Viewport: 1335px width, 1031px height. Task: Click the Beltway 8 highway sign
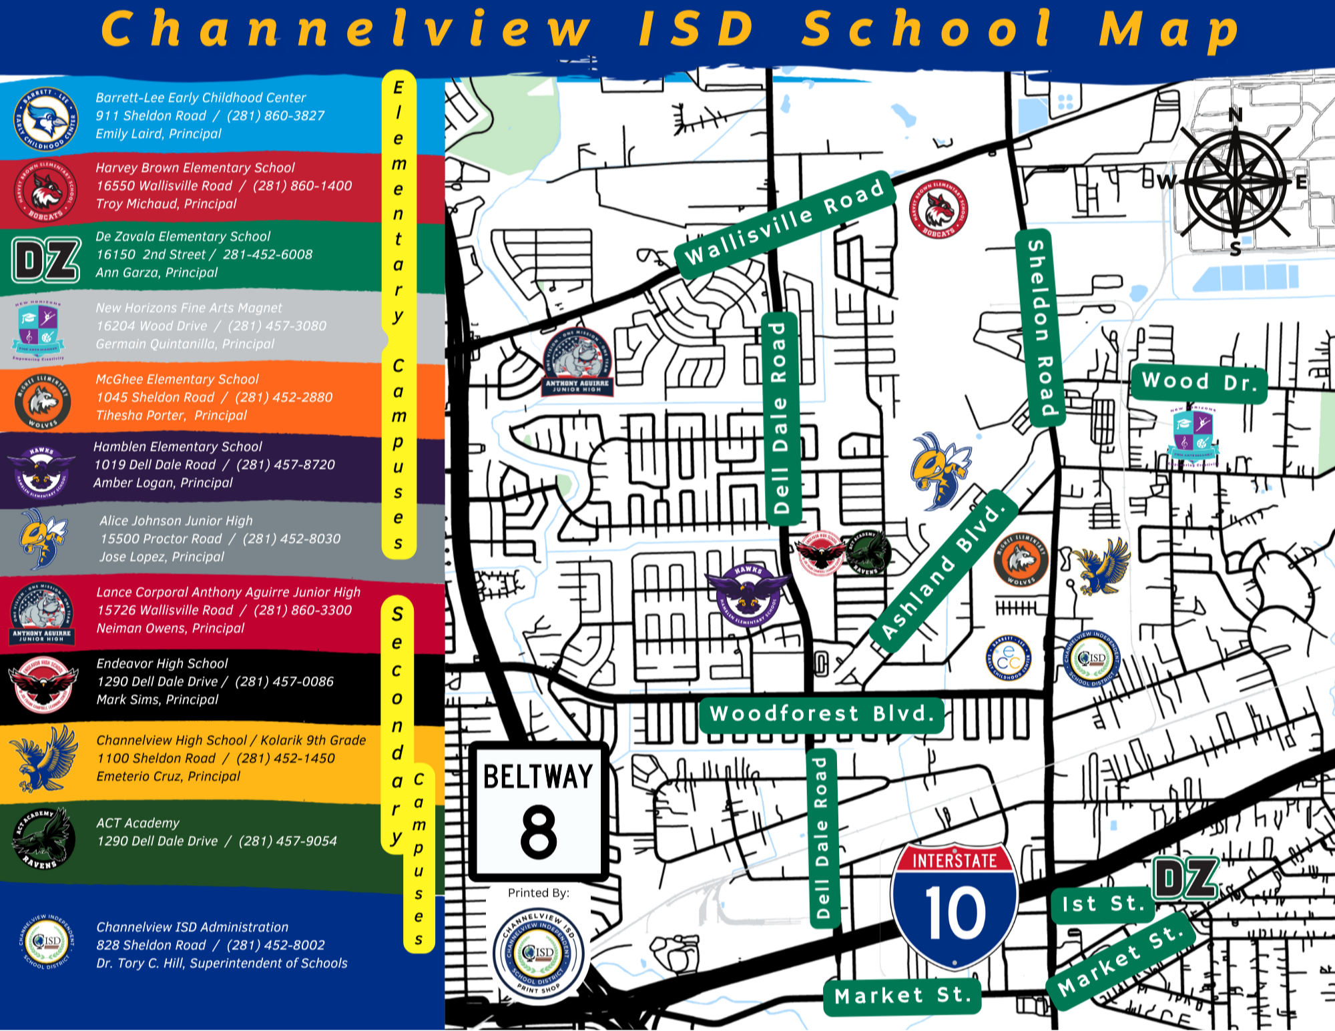[x=538, y=811]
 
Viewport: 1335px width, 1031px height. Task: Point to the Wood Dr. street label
[x=1199, y=382]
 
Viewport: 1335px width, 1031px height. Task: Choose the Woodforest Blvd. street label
[x=821, y=714]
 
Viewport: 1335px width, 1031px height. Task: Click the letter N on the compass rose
[x=1236, y=115]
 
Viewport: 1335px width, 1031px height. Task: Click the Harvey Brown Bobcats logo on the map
[x=939, y=209]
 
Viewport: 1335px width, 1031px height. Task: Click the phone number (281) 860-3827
[x=276, y=115]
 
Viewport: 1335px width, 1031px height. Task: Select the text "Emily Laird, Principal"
[x=158, y=133]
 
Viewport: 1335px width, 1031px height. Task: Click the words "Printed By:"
[x=538, y=893]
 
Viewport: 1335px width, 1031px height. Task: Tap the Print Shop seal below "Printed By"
[x=538, y=952]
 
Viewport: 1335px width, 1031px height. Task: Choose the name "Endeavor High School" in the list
[x=162, y=663]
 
